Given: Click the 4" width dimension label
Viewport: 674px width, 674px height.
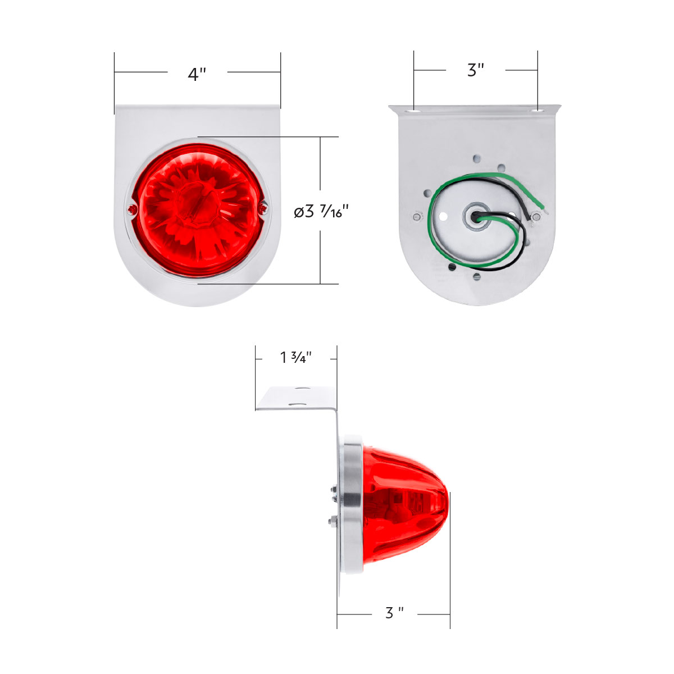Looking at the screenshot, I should pos(197,74).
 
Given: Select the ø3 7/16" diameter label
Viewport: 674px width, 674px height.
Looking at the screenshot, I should pos(322,211).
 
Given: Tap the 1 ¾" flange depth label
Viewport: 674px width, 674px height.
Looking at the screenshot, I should pos(296,357).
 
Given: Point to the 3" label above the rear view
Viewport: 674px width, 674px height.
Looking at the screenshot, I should pos(476,70).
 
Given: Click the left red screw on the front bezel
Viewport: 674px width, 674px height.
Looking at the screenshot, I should pos(131,210).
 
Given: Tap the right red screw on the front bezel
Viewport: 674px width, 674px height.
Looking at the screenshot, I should pos(262,210).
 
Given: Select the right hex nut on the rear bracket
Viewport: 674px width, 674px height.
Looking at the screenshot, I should pos(536,216).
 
